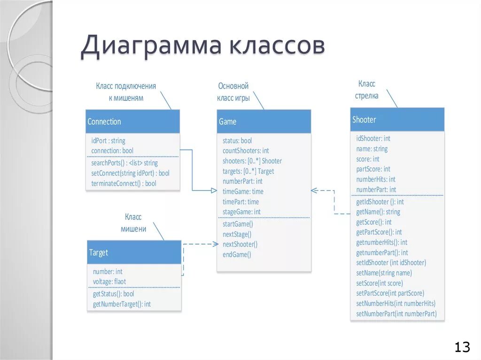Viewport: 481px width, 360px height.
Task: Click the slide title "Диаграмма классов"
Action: point(202,47)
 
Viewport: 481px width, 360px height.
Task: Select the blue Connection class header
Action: point(132,122)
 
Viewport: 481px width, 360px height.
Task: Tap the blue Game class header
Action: point(264,122)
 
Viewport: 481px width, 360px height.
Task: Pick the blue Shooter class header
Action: point(397,120)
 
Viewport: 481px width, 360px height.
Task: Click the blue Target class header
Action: point(134,253)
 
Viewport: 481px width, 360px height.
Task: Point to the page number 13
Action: point(462,347)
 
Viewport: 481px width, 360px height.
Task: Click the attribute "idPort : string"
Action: point(108,140)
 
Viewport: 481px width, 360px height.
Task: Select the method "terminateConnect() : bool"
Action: point(124,184)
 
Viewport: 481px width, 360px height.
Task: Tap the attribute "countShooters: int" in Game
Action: point(246,151)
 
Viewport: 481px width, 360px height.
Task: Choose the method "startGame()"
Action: point(238,224)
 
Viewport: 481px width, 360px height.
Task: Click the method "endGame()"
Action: point(237,255)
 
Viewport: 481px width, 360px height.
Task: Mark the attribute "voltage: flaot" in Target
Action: point(109,282)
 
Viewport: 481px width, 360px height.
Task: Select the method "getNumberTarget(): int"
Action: point(122,304)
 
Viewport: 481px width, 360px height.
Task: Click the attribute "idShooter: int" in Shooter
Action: point(373,138)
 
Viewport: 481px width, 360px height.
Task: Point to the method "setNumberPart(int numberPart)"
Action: point(396,314)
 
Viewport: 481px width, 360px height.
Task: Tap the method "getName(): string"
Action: point(378,212)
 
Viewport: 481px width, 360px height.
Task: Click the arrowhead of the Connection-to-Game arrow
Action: point(213,191)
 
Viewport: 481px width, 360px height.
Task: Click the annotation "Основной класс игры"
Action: point(233,92)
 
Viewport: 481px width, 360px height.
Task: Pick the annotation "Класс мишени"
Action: point(133,223)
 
